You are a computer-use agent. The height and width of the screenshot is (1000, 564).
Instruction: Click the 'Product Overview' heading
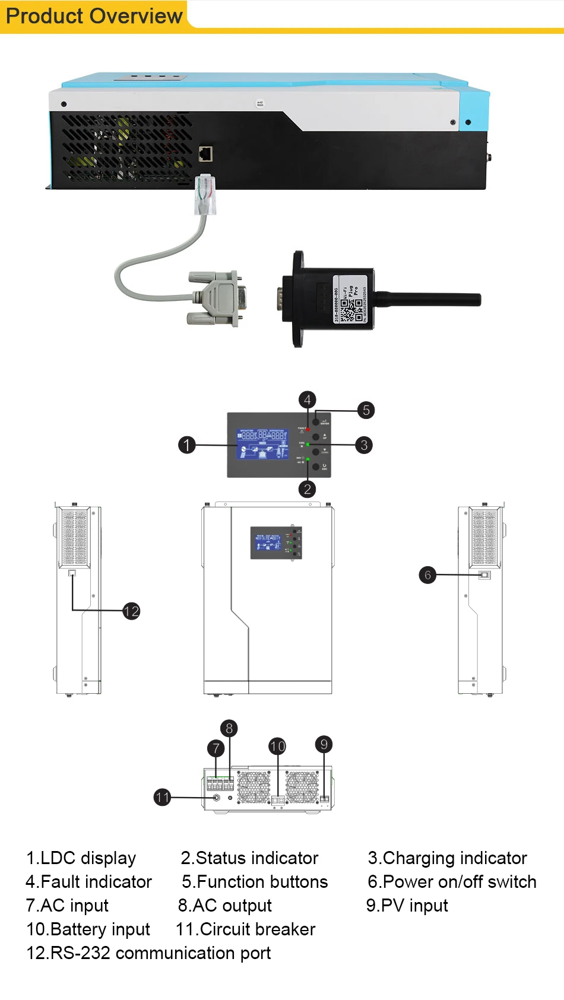(x=94, y=16)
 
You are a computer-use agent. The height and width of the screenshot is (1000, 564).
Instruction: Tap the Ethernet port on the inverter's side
(x=205, y=154)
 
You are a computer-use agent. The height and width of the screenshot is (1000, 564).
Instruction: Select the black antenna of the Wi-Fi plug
(x=427, y=299)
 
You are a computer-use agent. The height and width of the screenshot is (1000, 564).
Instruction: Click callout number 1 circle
(x=187, y=445)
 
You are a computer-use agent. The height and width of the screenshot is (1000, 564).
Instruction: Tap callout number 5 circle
(x=366, y=410)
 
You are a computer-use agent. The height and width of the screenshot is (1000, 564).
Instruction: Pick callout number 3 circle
(x=364, y=445)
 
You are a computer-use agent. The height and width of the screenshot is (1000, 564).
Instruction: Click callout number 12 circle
(x=131, y=611)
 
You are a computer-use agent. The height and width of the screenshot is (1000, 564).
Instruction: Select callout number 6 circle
(x=427, y=574)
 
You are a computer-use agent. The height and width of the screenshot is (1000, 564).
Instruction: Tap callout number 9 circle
(x=324, y=744)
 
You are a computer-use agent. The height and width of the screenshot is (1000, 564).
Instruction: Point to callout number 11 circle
(x=162, y=797)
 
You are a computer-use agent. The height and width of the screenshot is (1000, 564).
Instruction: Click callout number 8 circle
(x=229, y=728)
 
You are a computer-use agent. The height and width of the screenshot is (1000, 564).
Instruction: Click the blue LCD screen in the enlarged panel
(x=262, y=444)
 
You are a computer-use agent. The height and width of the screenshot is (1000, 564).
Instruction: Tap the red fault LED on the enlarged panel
(x=308, y=429)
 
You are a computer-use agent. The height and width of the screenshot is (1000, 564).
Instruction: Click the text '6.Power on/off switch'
(x=452, y=882)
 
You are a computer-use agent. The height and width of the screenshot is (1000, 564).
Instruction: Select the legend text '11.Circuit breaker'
(x=246, y=929)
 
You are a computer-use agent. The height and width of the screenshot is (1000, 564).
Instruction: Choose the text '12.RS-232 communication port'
(x=148, y=953)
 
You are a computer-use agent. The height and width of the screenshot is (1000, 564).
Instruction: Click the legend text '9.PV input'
(x=407, y=906)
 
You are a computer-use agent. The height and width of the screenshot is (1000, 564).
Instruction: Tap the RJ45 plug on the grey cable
(x=205, y=194)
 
